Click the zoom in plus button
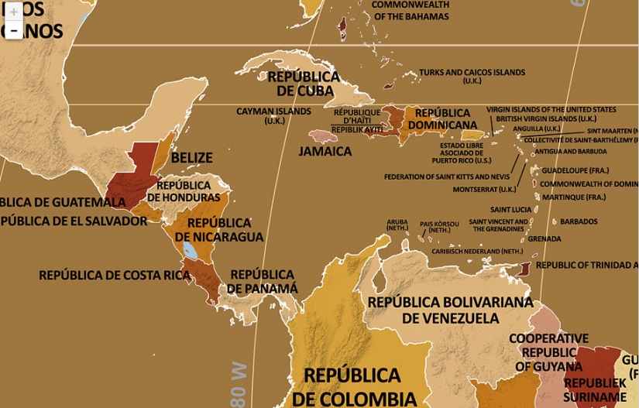[14, 12]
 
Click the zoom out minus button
[14, 30]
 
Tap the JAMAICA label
[325, 152]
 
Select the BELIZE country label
[191, 158]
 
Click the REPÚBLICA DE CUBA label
[304, 84]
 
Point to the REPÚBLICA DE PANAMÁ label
[262, 281]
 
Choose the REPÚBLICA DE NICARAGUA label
[219, 230]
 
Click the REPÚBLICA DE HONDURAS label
[184, 191]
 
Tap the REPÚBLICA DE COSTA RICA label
[115, 275]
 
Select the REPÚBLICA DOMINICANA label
[442, 118]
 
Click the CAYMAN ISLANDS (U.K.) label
[273, 115]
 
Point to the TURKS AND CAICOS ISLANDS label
[472, 76]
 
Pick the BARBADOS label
[579, 221]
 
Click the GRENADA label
[545, 239]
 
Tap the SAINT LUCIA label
[510, 210]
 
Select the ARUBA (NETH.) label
[397, 225]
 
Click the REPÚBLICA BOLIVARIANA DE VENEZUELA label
[450, 310]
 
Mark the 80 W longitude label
[239, 384]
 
